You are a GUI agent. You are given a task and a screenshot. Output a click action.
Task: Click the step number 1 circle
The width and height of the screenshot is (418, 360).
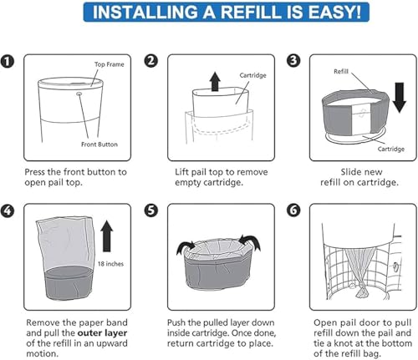pyautogui.click(x=8, y=61)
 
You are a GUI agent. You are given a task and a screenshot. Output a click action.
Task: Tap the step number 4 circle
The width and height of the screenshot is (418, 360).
pyautogui.click(x=8, y=210)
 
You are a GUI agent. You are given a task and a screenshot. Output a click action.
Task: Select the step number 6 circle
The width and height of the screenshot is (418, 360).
pyautogui.click(x=293, y=210)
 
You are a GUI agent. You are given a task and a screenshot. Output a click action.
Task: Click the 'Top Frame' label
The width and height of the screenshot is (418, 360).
pyautogui.click(x=109, y=64)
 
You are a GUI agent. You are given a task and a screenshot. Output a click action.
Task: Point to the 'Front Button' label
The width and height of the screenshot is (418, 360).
pyautogui.click(x=99, y=145)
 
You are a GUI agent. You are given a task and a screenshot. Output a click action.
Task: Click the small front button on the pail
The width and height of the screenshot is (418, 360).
pyautogui.click(x=79, y=94)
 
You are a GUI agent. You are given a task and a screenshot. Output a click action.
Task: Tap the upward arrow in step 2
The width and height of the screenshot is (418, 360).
pyautogui.click(x=215, y=81)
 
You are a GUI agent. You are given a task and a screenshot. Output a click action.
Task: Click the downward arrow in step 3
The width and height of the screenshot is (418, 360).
pyautogui.click(x=400, y=98)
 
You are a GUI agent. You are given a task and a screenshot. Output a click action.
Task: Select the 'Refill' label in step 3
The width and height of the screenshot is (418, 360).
pyautogui.click(x=341, y=72)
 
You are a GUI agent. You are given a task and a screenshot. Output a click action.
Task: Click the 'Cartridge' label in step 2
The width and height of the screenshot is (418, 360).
pyautogui.click(x=252, y=75)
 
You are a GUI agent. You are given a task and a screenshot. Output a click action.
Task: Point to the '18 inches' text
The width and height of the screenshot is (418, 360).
pyautogui.click(x=110, y=264)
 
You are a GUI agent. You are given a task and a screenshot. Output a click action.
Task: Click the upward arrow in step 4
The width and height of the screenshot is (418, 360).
pyautogui.click(x=107, y=236)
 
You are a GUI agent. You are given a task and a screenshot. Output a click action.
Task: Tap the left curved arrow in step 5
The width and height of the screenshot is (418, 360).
pyautogui.click(x=186, y=246)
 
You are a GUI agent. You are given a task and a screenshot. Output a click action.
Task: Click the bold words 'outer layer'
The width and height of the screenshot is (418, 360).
pyautogui.click(x=102, y=332)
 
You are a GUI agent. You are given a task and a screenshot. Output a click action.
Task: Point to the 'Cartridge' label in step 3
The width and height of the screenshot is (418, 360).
pyautogui.click(x=391, y=149)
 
